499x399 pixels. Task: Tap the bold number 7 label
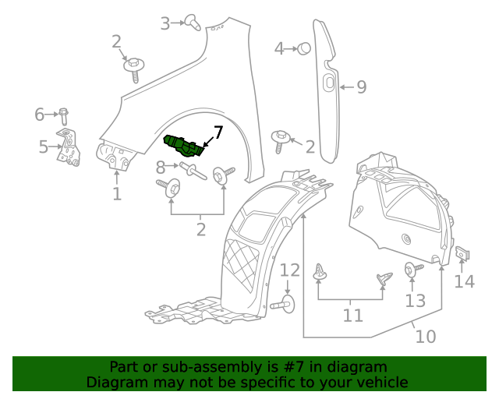coord(218,132)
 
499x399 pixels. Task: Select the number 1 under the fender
coord(116,192)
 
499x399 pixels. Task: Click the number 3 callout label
coord(165,23)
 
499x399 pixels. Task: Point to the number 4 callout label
coord(279,49)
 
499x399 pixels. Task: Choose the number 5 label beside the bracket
coord(44,145)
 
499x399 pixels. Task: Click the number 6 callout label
coord(40,115)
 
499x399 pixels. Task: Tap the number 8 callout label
coord(160,166)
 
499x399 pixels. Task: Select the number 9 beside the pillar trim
coord(361,87)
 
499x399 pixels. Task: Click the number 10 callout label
coord(425,337)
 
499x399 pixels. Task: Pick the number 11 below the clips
coord(353,315)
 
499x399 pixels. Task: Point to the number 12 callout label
coord(289,270)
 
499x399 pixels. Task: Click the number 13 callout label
coord(416,300)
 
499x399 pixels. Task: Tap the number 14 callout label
coord(464,281)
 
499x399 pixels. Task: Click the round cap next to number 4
coord(304,48)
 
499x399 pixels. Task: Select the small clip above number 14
coord(462,253)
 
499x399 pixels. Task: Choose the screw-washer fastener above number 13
coord(412,270)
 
